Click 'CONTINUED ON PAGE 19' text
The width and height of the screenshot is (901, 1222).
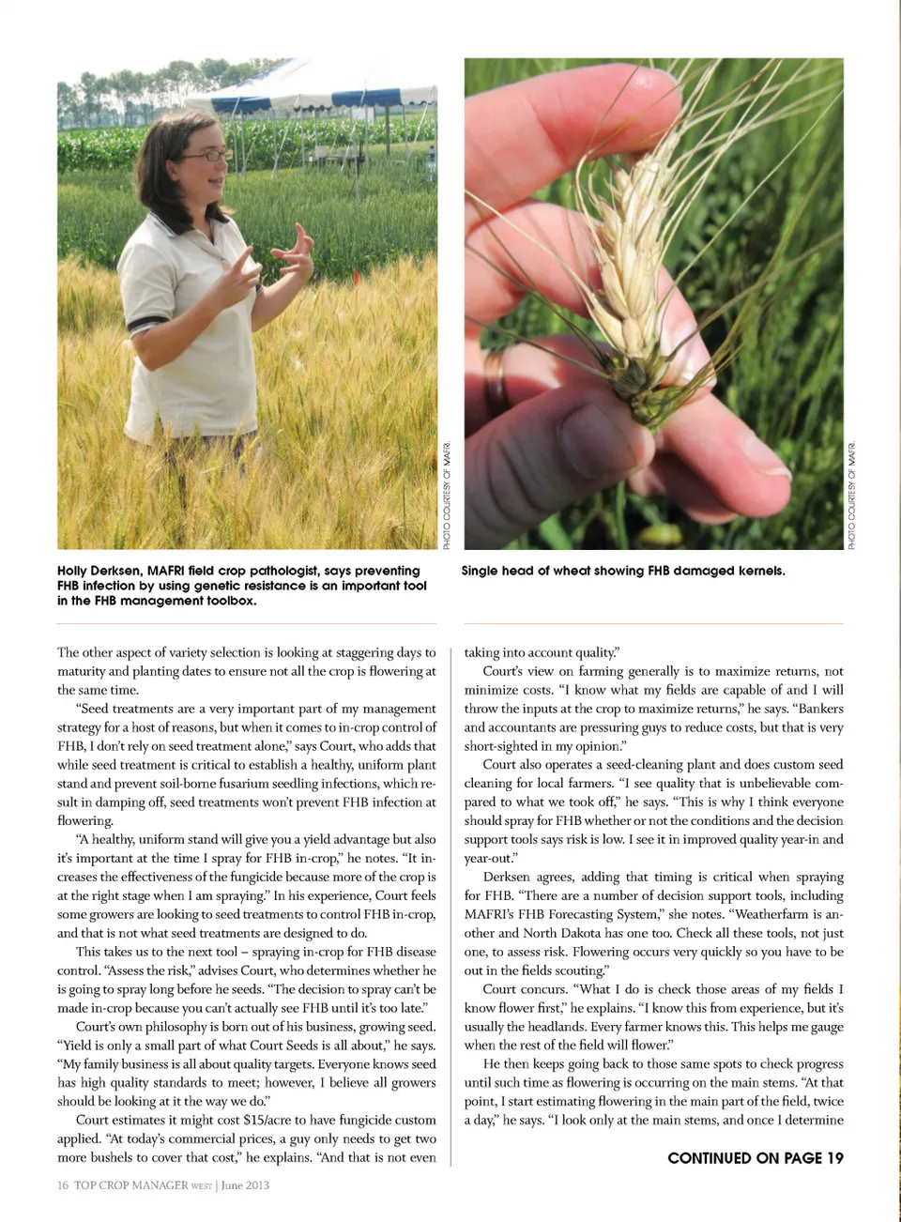tap(755, 1158)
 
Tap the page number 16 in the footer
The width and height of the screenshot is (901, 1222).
tap(62, 1185)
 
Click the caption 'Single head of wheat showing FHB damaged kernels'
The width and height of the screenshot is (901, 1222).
tap(622, 571)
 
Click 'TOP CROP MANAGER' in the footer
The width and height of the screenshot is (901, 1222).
tap(131, 1185)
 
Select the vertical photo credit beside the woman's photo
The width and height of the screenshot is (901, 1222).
tap(448, 495)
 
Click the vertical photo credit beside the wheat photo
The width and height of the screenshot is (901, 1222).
tap(852, 495)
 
